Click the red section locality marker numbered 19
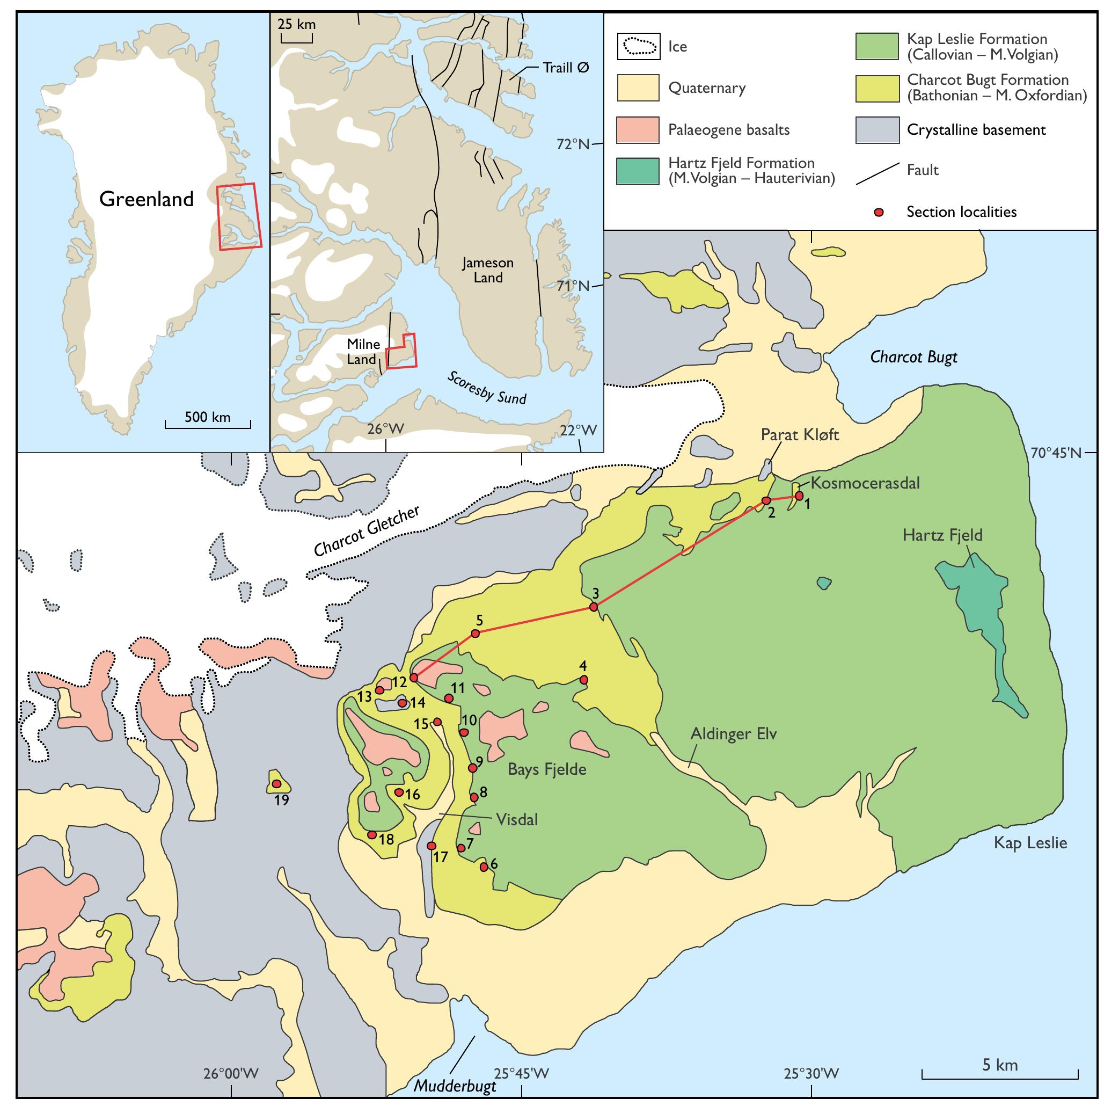click(x=276, y=783)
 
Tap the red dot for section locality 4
click(x=583, y=680)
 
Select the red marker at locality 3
click(x=594, y=606)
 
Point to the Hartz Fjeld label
click(x=942, y=535)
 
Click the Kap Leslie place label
click(x=1030, y=843)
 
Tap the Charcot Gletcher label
click(x=366, y=530)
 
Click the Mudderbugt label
click(x=455, y=1086)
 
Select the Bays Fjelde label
click(x=546, y=769)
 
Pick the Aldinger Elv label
click(x=733, y=733)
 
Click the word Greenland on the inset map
click(x=147, y=199)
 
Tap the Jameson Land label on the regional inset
click(x=488, y=270)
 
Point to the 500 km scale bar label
click(x=207, y=417)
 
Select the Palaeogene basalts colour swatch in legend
click(x=637, y=129)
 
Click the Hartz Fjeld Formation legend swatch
click(x=637, y=171)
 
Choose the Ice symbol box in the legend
click(x=638, y=46)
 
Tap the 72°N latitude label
click(x=572, y=144)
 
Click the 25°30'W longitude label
click(x=811, y=1073)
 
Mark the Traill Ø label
click(x=566, y=68)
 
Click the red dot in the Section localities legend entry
click(x=879, y=213)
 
